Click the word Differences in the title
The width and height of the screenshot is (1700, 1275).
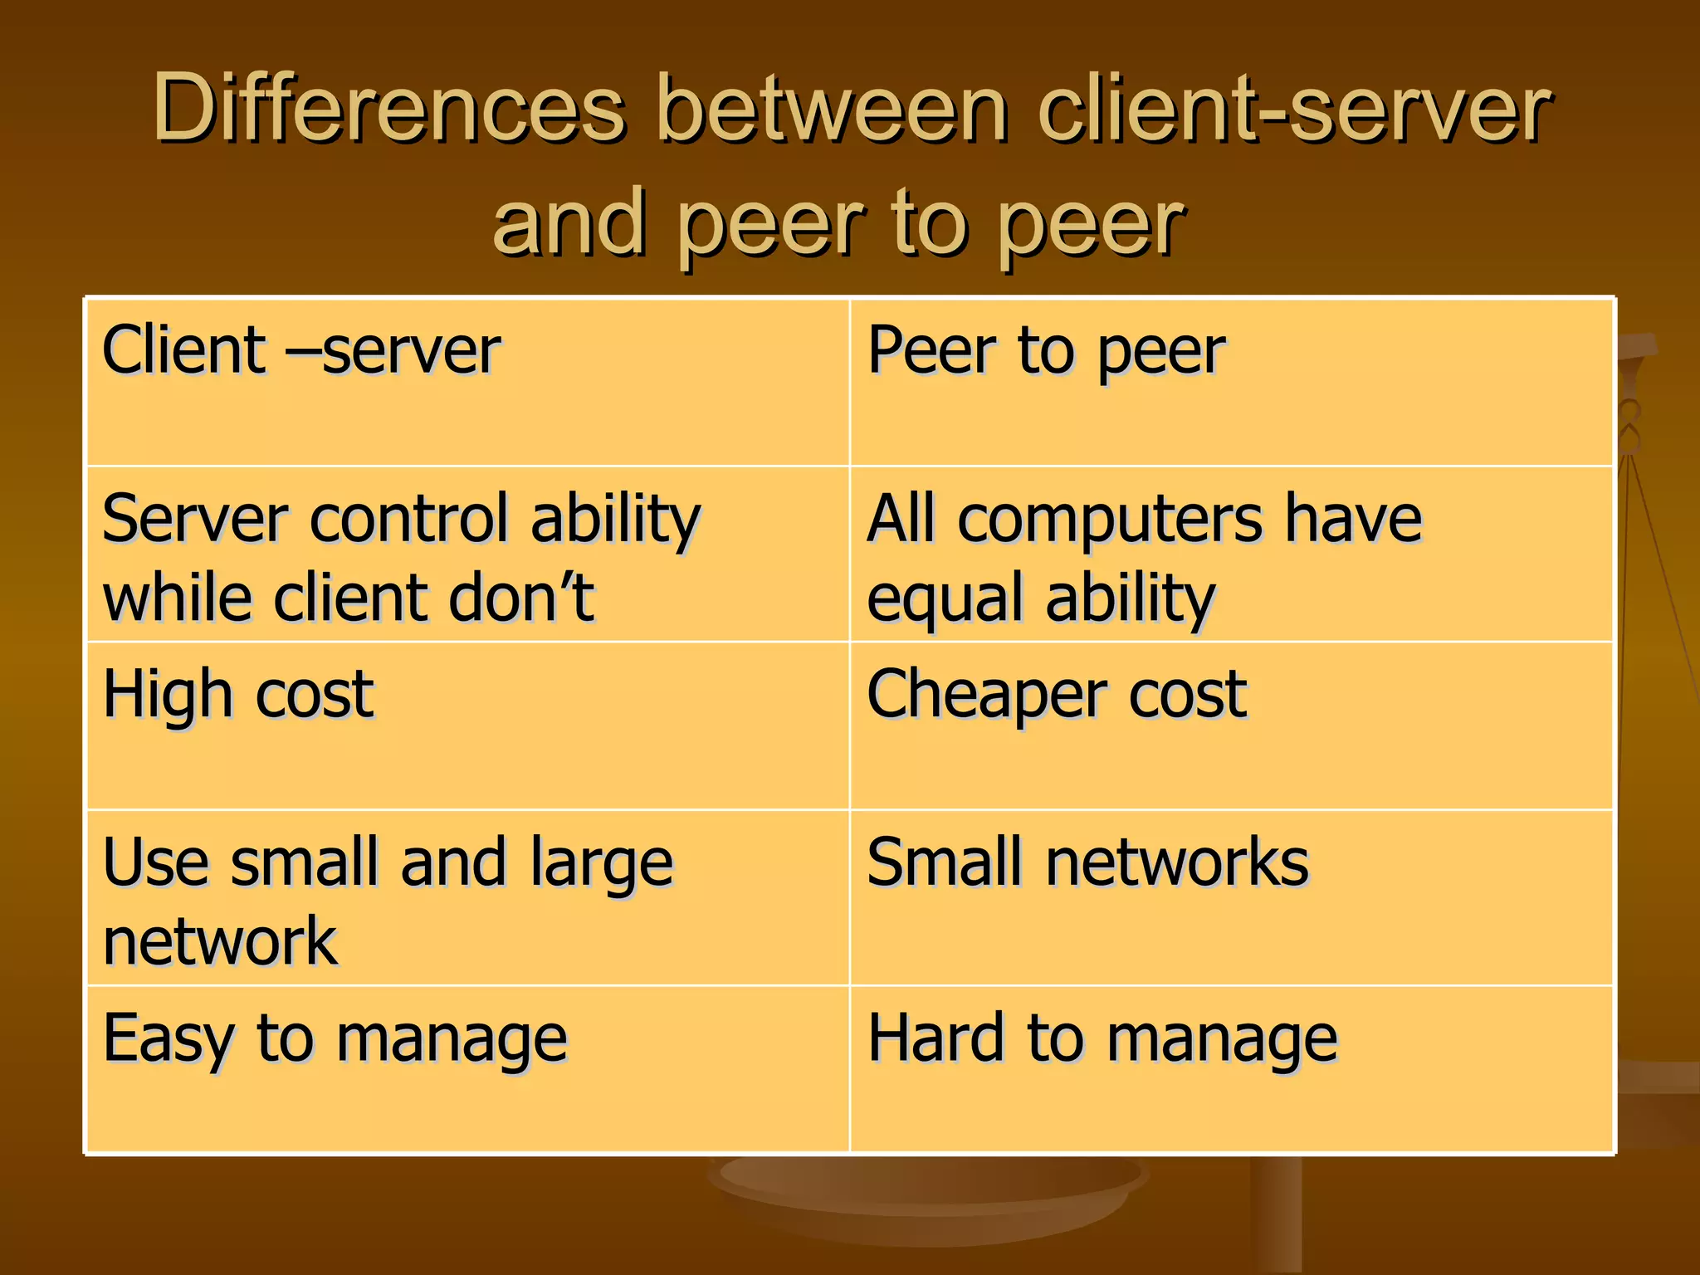click(x=388, y=109)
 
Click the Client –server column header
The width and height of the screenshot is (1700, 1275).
click(x=300, y=351)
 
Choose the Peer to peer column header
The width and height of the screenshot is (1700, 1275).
click(x=1045, y=351)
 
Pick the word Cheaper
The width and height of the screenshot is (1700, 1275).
click(x=984, y=695)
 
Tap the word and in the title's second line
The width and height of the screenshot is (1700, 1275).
click(x=569, y=222)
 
